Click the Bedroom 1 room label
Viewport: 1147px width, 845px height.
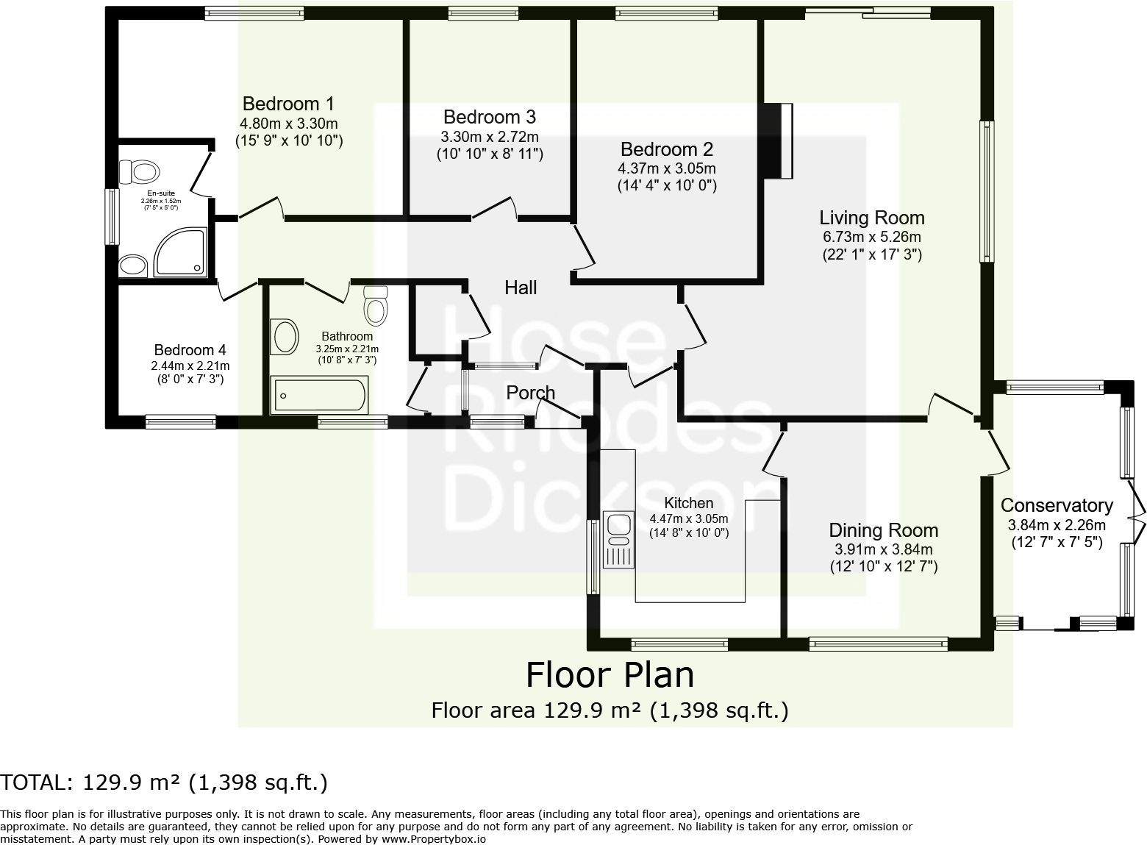288,104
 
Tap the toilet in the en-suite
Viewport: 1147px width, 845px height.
139,172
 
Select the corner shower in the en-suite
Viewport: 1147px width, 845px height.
180,252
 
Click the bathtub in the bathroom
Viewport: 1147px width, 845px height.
319,396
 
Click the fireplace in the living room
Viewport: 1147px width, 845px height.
777,141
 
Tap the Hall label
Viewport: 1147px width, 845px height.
521,288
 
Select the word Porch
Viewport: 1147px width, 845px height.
530,393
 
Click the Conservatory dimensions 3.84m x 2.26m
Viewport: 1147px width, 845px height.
1057,525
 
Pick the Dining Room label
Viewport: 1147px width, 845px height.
883,530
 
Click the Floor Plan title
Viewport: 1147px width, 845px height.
610,674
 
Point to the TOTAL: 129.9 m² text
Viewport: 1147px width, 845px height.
164,782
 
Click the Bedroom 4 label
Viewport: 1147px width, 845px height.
190,350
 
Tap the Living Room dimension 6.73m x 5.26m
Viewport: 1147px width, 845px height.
871,237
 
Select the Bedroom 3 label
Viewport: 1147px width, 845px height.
489,117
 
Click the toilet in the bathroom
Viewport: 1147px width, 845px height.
376,304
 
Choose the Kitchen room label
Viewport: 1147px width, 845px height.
688,503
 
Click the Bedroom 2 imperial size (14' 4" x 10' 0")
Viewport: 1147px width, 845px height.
666,185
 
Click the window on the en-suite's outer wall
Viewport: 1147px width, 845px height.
112,216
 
